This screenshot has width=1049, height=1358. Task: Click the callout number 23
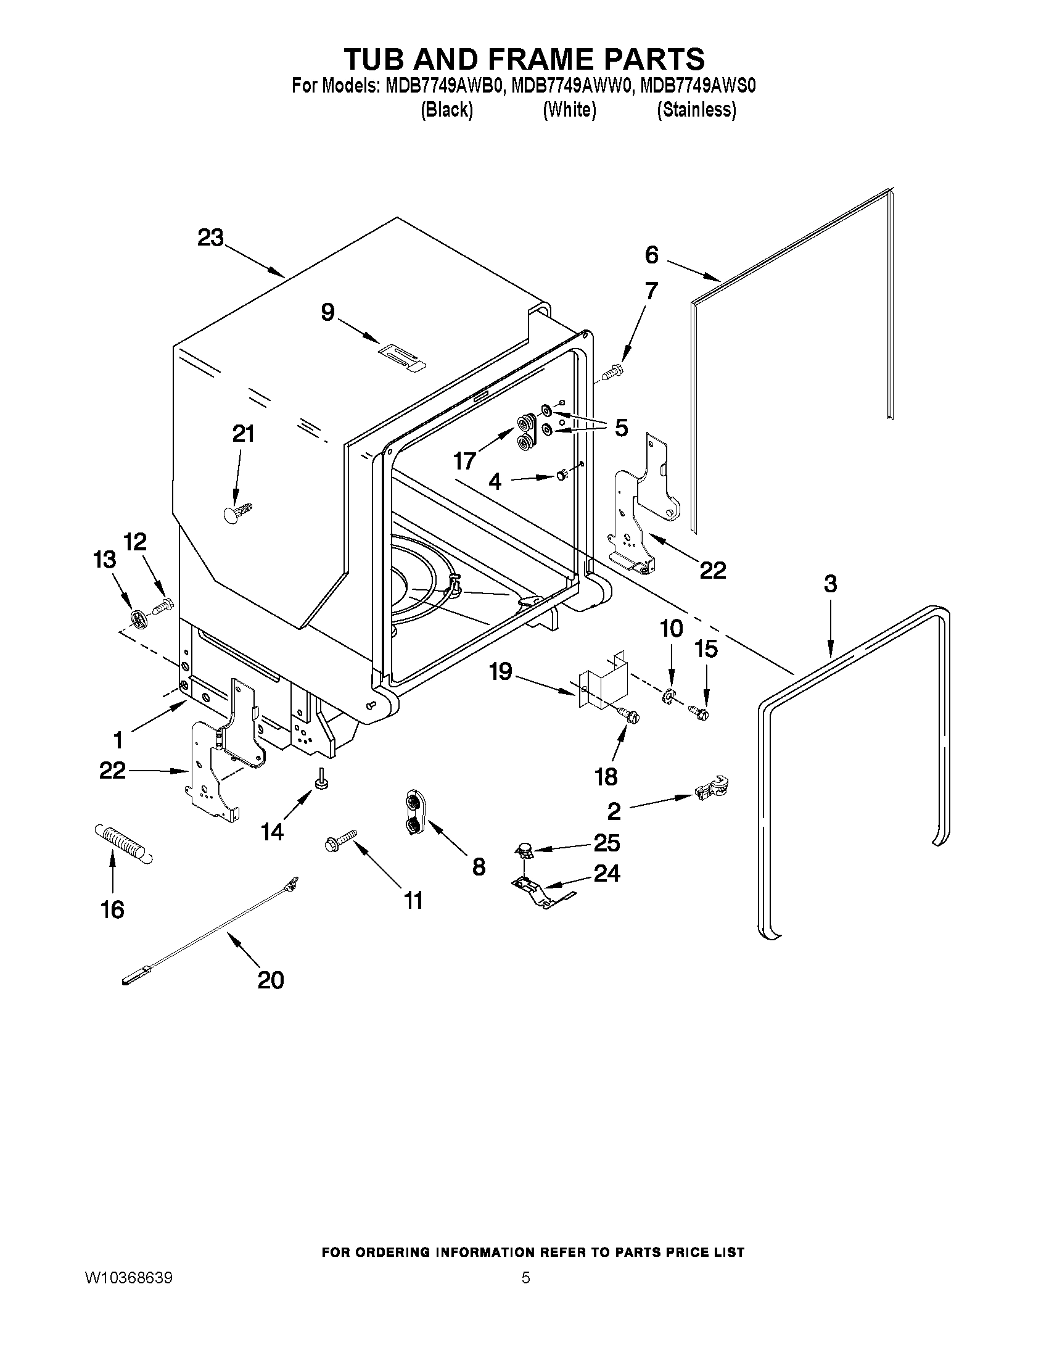pyautogui.click(x=210, y=238)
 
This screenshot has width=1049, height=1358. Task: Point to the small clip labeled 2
pyautogui.click(x=712, y=789)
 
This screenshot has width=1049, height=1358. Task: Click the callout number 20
pyautogui.click(x=270, y=980)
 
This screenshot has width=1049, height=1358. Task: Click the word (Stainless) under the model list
pyautogui.click(x=697, y=110)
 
